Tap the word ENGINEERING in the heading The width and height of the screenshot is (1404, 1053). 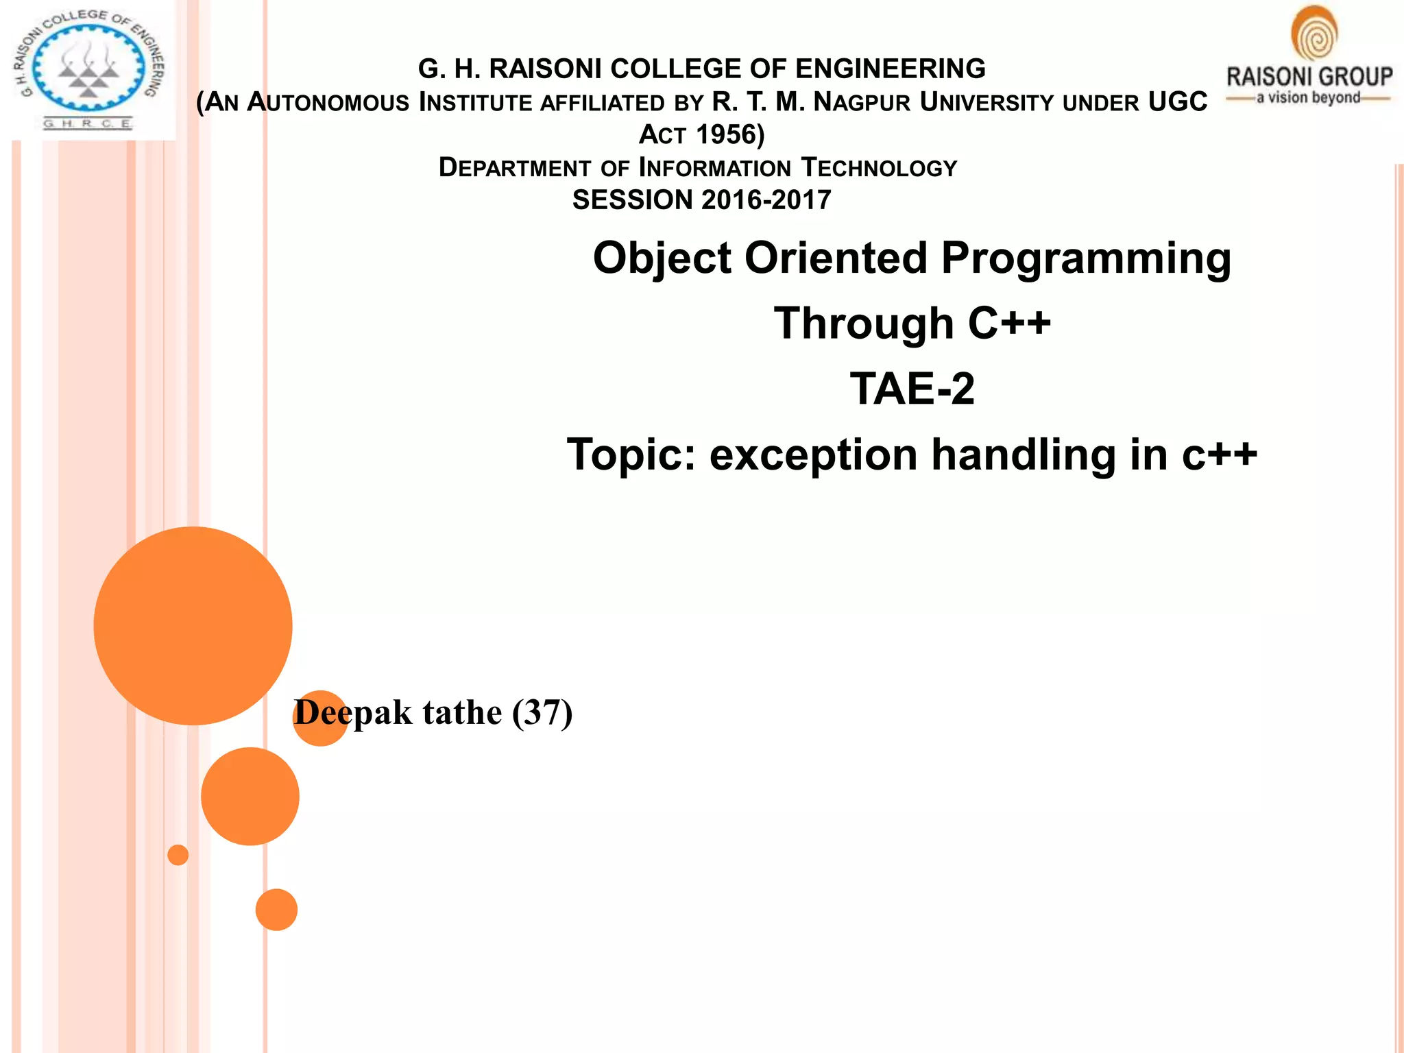coord(890,69)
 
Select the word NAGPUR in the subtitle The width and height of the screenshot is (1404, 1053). coord(862,102)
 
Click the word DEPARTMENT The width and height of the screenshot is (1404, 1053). coord(514,168)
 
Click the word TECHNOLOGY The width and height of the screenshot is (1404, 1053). coord(879,168)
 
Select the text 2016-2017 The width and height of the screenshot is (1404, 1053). coord(766,200)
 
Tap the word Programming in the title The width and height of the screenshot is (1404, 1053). coord(1086,258)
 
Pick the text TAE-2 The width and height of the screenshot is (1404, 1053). coord(912,389)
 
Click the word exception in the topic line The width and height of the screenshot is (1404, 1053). coord(813,455)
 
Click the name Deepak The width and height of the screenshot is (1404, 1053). coord(353,713)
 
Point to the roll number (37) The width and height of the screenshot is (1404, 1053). coord(542,713)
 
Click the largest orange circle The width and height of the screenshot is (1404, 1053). coord(193,625)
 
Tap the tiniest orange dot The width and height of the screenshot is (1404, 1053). coord(178,855)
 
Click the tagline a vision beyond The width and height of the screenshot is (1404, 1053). coord(1308,98)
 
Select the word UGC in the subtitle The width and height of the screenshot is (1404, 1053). coord(1178,102)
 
